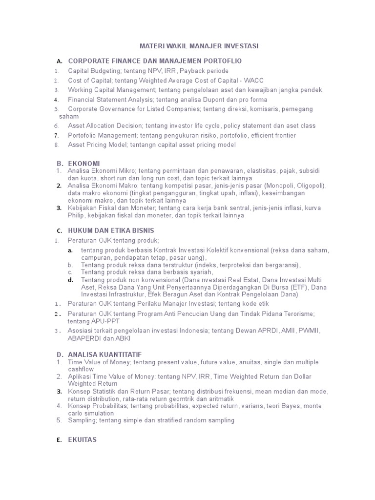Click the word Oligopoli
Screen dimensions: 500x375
click(309, 186)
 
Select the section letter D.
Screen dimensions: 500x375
click(59, 354)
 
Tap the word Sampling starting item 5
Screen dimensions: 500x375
click(82, 420)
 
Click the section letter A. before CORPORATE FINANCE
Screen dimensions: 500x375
click(59, 62)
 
